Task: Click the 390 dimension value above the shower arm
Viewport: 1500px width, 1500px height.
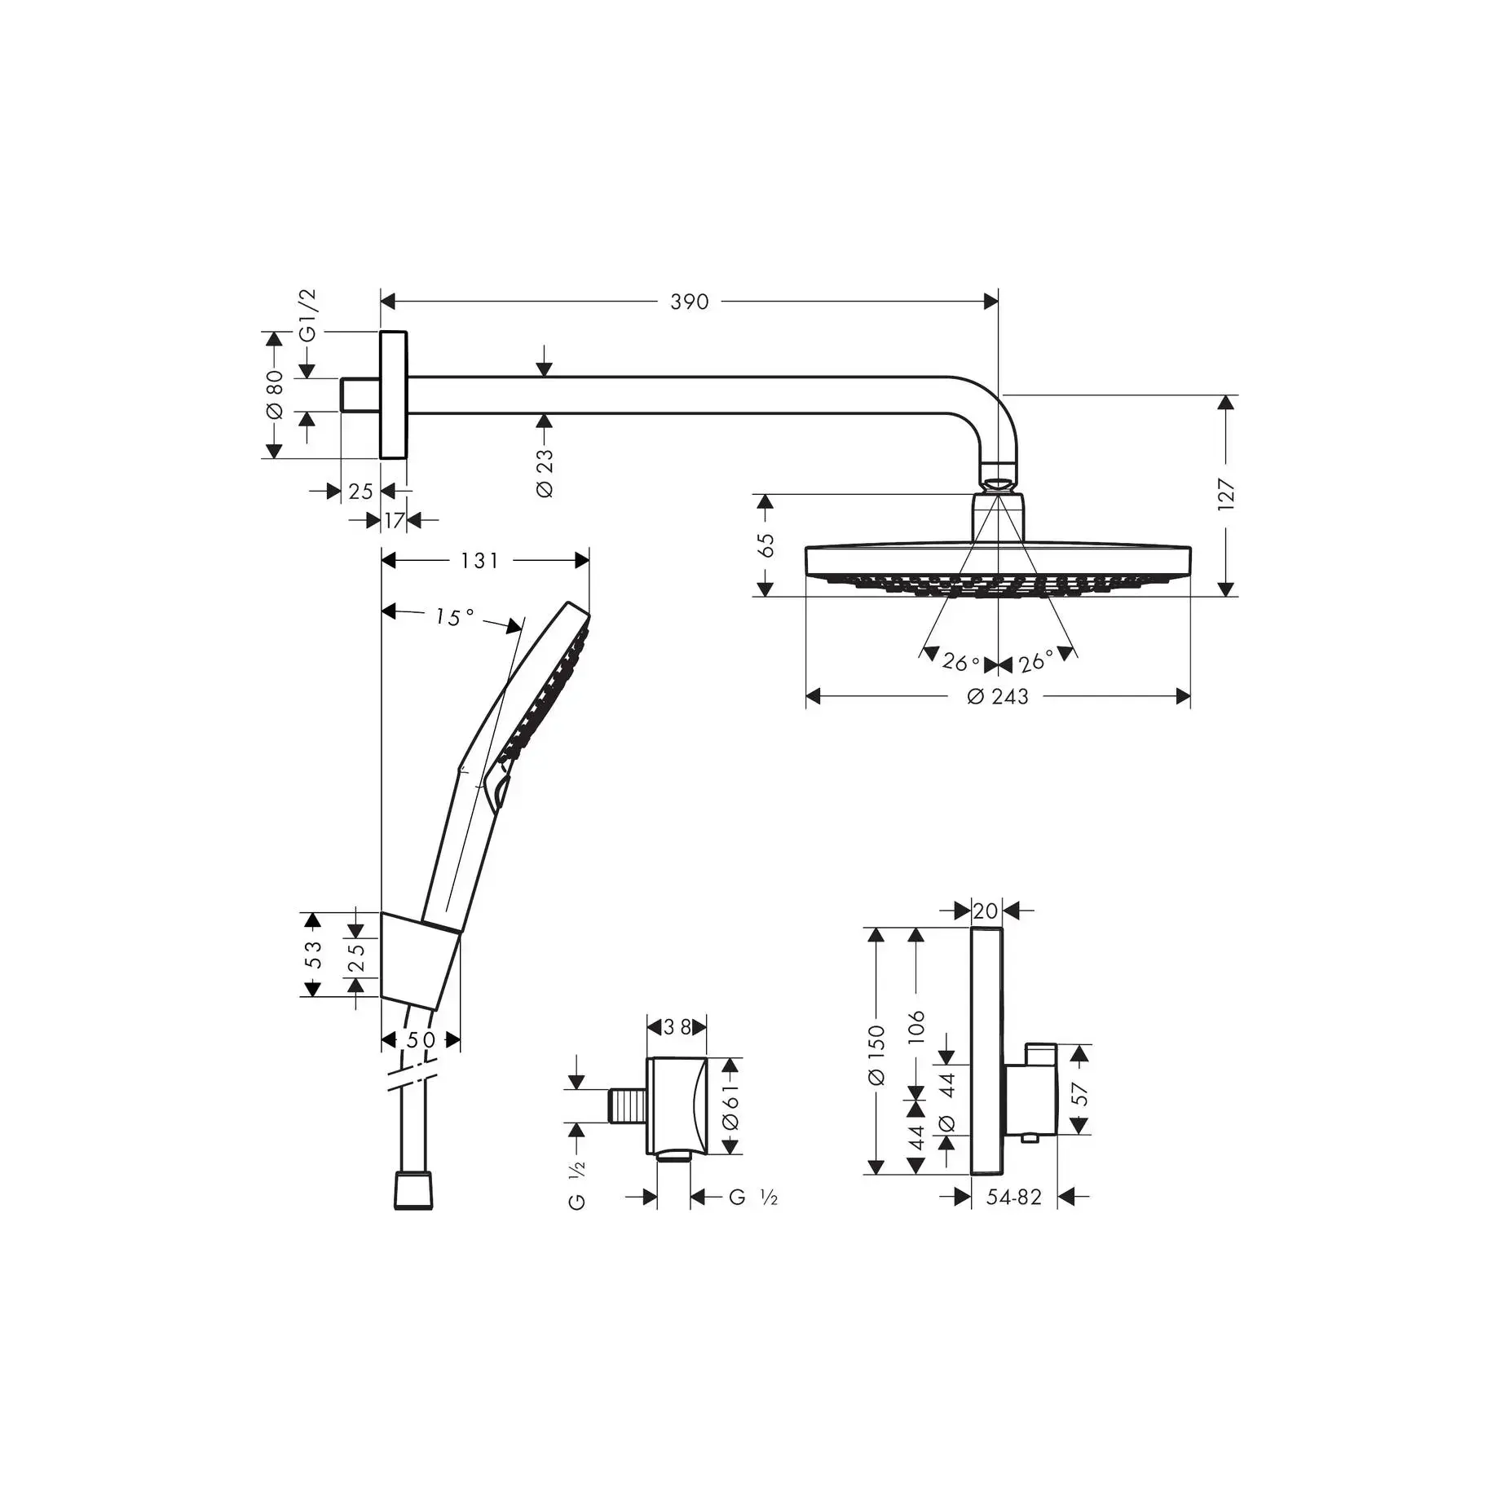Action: [x=689, y=302]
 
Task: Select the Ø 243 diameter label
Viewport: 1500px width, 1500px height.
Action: [x=998, y=696]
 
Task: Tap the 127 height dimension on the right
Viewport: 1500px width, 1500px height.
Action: [x=1226, y=495]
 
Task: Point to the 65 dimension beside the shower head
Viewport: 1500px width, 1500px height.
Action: [x=766, y=545]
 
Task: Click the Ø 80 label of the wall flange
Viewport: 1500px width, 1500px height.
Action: [x=275, y=395]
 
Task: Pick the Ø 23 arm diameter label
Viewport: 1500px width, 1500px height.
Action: [x=545, y=473]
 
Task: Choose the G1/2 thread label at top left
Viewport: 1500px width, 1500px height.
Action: [x=307, y=315]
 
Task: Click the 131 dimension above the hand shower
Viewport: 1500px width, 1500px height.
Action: [x=479, y=561]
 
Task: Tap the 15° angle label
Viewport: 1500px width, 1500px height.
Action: [x=454, y=617]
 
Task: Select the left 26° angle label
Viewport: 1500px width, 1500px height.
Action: [x=960, y=661]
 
